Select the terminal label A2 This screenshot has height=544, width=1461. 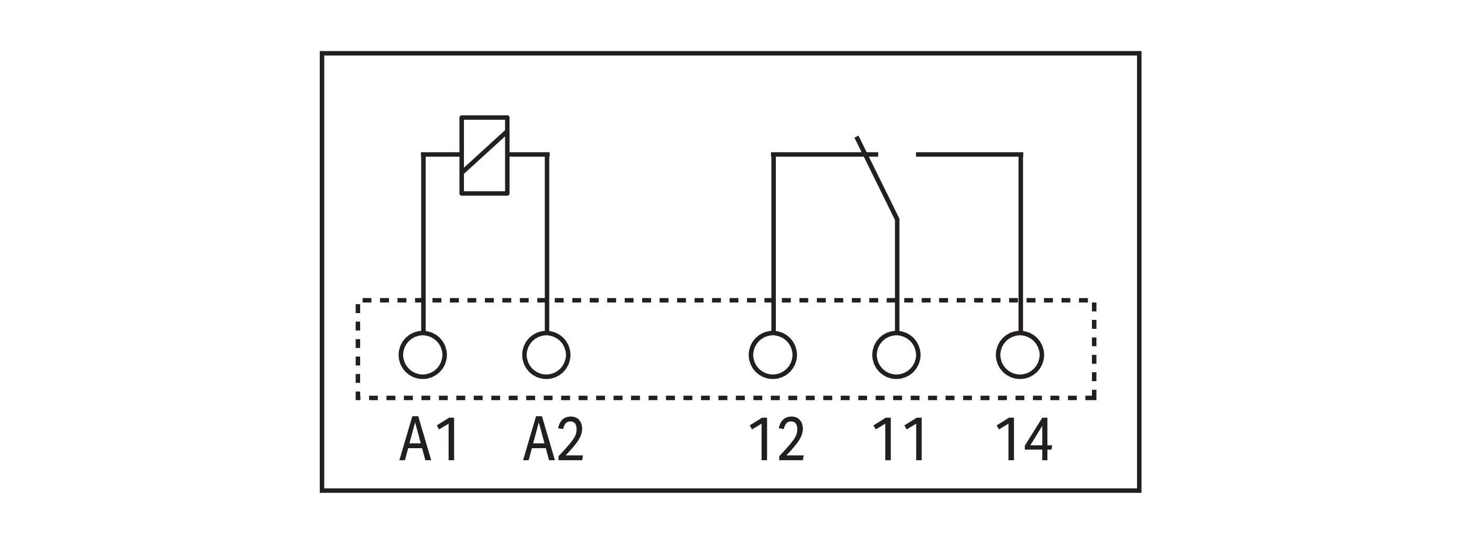tap(553, 440)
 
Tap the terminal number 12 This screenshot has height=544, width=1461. tap(776, 440)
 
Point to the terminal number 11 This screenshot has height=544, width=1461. tap(899, 440)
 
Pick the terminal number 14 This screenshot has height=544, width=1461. tap(1024, 440)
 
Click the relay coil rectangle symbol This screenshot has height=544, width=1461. tap(462, 156)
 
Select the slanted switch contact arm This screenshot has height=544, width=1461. tap(877, 178)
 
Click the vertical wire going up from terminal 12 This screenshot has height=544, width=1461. tap(773, 242)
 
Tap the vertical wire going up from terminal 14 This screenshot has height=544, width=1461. tap(1021, 242)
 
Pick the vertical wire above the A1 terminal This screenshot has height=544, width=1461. tap(423, 242)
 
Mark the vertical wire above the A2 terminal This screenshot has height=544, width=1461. tap(547, 242)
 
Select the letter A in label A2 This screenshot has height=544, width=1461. tap(538, 440)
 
